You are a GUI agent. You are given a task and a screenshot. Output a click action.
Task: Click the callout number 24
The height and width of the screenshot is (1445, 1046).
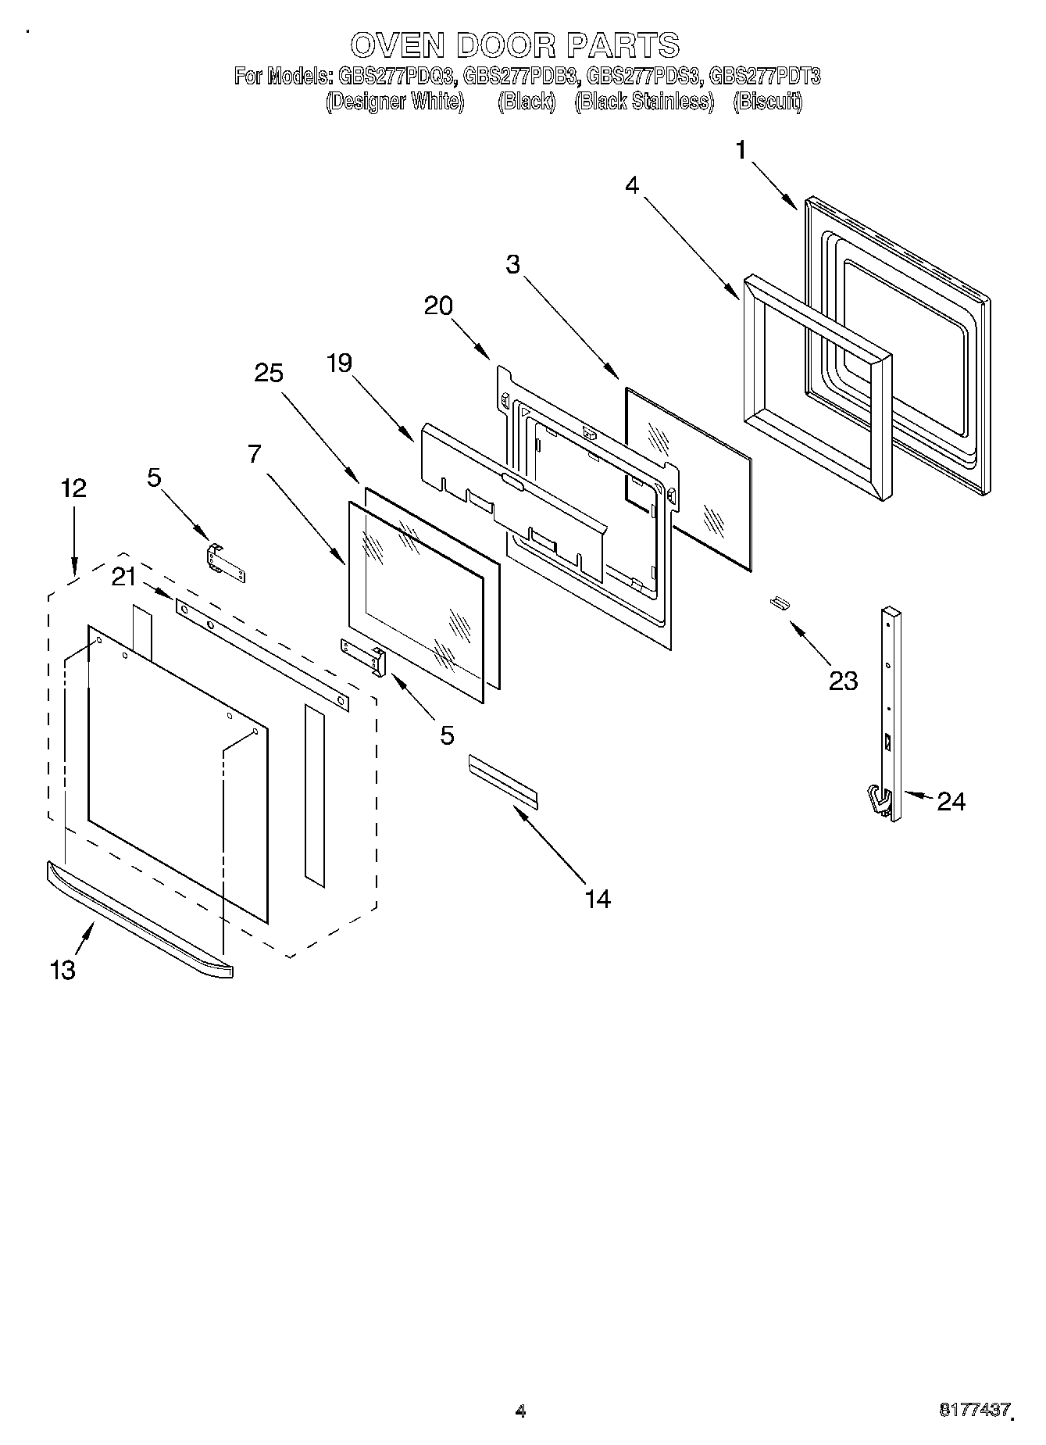tap(951, 801)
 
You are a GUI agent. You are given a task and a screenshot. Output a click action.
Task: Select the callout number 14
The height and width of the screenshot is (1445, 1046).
tap(598, 899)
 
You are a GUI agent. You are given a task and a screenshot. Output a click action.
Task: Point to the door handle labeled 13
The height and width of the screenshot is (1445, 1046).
tap(141, 919)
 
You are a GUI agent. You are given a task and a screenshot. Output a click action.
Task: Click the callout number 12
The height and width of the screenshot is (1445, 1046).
tap(73, 488)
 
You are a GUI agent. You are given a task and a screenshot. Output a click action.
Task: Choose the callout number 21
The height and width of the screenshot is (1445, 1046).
tap(123, 577)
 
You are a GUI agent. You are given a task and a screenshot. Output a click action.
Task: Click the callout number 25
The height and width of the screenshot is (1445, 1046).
tap(268, 373)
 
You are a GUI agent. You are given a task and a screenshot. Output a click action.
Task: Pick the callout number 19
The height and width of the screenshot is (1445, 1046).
tap(340, 363)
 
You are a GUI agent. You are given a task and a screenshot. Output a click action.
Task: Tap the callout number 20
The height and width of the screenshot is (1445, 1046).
tap(438, 306)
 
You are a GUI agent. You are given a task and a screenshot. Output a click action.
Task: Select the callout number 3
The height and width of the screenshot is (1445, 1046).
tap(512, 264)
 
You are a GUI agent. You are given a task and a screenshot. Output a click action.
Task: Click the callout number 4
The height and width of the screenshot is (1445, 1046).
tap(632, 185)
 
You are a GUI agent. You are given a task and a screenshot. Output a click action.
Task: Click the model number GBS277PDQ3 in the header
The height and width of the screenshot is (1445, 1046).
tap(396, 77)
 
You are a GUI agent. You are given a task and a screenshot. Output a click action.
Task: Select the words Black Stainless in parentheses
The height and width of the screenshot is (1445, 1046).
tap(644, 102)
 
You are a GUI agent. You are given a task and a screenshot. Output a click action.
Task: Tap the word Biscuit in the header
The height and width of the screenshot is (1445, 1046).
tap(768, 102)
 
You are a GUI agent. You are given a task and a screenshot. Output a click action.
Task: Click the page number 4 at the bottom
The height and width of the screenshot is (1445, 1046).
tap(521, 1411)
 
